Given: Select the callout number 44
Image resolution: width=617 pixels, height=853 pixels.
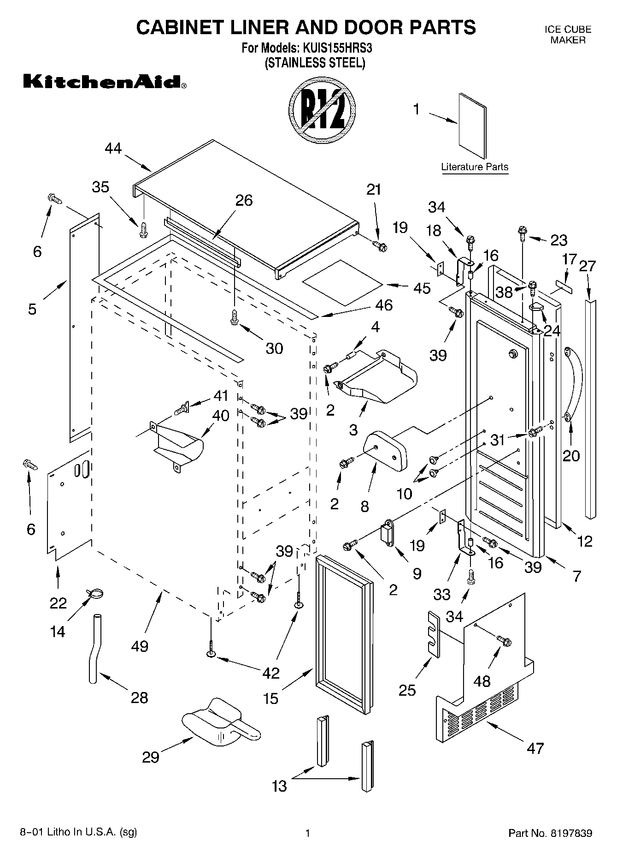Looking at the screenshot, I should pyautogui.click(x=113, y=148).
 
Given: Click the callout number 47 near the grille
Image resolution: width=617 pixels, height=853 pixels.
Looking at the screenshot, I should pyautogui.click(x=535, y=748).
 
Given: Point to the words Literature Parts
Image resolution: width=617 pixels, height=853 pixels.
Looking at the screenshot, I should pyautogui.click(x=475, y=167).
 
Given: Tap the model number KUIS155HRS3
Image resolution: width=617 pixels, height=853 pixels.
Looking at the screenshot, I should pyautogui.click(x=337, y=48).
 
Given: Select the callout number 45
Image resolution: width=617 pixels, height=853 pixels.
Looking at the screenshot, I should pyautogui.click(x=422, y=288).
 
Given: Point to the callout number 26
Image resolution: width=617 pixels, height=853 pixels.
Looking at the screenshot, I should pyautogui.click(x=244, y=200).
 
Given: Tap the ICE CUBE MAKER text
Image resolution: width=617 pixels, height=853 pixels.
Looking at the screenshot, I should pyautogui.click(x=568, y=35).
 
